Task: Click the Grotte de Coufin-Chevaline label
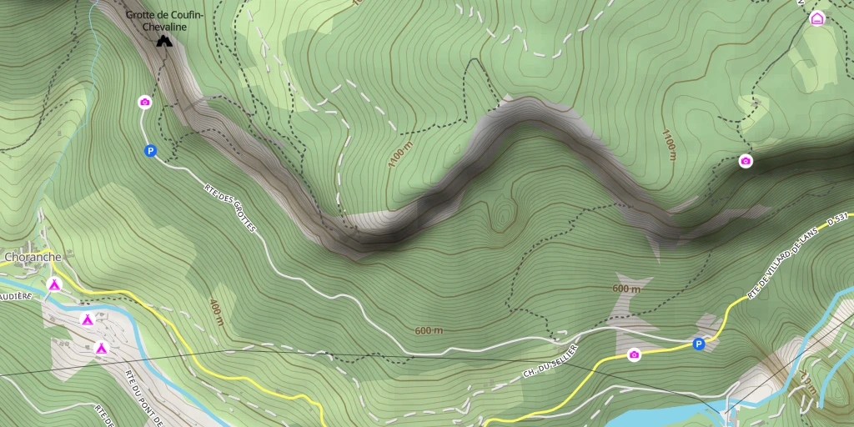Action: tap(163, 21)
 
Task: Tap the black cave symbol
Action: tap(164, 40)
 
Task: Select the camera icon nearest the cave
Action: tap(144, 102)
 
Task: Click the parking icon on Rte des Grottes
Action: tap(150, 151)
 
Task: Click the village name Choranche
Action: tap(33, 257)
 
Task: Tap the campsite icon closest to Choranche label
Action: tap(54, 285)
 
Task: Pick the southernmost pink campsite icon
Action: tap(101, 348)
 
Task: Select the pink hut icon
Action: tap(816, 18)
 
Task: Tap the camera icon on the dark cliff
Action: tap(746, 161)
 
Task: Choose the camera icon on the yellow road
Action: tap(634, 355)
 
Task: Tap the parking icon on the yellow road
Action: tap(698, 344)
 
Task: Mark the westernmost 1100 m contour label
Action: tap(400, 154)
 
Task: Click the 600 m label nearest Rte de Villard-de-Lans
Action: tap(626, 289)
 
